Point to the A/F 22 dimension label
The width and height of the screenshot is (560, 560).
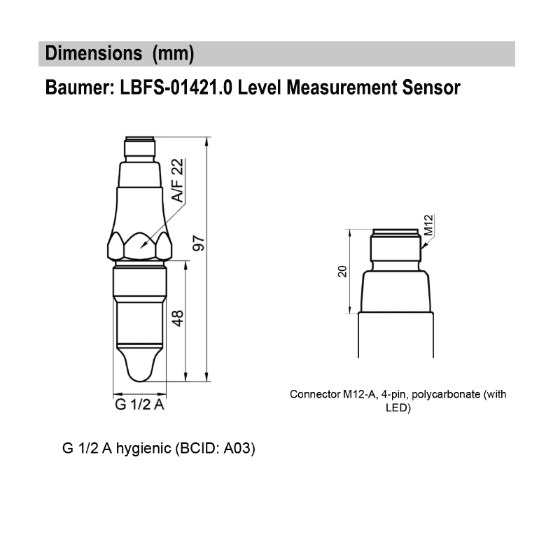(178, 181)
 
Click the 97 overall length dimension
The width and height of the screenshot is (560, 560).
(198, 246)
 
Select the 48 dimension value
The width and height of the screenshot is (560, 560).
(178, 319)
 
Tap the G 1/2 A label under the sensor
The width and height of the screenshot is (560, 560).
(139, 406)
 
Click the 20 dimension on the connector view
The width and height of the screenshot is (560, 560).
(342, 272)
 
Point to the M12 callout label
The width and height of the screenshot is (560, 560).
(430, 225)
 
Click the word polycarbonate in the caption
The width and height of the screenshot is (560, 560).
(444, 395)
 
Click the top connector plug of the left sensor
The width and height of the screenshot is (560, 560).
(139, 148)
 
